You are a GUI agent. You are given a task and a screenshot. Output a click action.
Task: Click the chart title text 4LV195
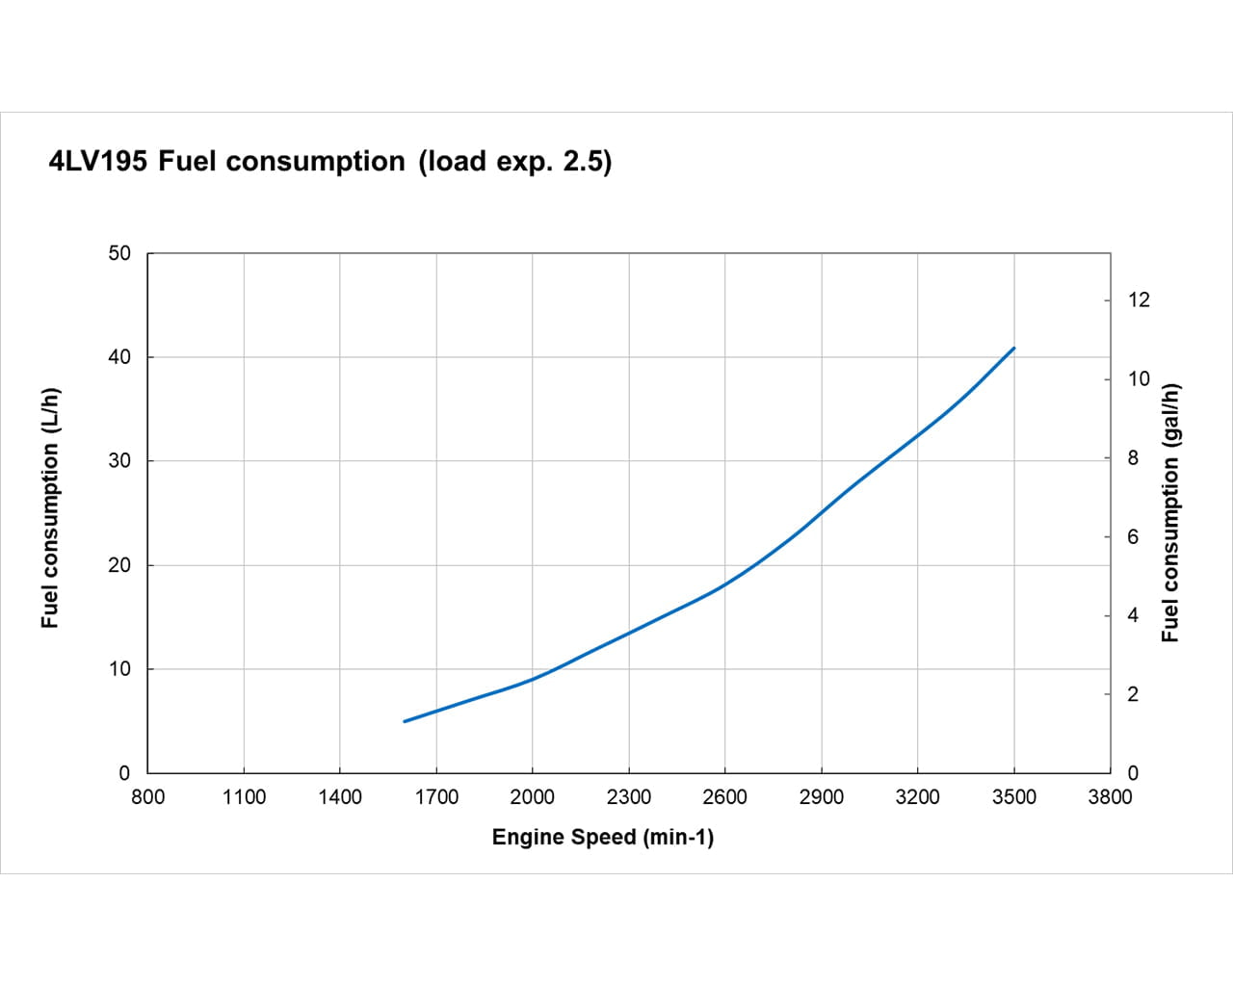(97, 161)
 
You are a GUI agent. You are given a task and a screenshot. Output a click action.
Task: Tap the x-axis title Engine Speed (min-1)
(603, 837)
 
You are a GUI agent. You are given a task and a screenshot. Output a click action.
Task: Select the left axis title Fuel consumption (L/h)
(50, 508)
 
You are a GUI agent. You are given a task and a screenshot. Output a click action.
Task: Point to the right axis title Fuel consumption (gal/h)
(1169, 512)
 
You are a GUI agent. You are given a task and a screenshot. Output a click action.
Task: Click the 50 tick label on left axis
(119, 253)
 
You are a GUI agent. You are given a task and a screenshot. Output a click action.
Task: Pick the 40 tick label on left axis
(119, 357)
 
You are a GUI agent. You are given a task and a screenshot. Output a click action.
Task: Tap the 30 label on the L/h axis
(119, 461)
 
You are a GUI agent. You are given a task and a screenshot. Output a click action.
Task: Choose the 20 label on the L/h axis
(119, 565)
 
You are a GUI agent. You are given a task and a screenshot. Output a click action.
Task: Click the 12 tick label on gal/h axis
(1139, 300)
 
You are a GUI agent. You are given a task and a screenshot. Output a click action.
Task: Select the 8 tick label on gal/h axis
(1133, 458)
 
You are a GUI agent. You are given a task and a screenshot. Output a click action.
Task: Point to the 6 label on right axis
(1133, 537)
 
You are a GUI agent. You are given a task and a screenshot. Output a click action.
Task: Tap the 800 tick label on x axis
(147, 797)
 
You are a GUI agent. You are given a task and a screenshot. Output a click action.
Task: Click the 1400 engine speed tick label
(340, 797)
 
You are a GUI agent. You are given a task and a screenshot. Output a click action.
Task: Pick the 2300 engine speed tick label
(629, 797)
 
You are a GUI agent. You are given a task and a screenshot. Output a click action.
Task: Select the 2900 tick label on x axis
(822, 797)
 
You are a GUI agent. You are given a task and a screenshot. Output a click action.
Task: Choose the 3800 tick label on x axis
(1110, 797)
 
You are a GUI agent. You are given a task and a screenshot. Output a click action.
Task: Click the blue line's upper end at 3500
(1013, 349)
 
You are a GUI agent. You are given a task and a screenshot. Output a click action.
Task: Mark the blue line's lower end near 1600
(405, 721)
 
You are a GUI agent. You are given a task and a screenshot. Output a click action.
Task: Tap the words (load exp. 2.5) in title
(515, 161)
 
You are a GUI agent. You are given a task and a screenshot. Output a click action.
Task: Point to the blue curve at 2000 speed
(533, 679)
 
